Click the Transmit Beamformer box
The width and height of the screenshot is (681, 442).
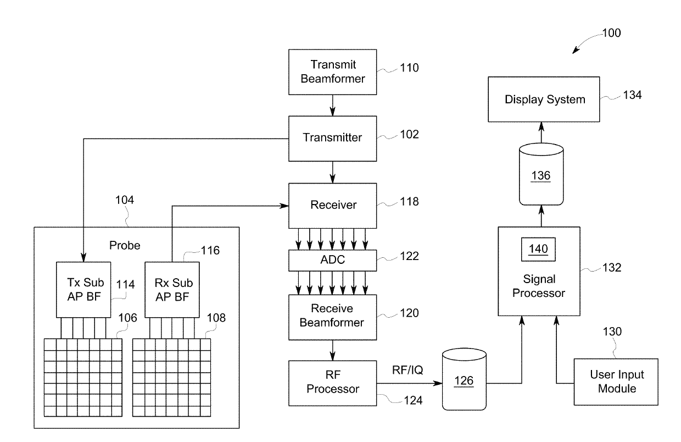tap(333, 71)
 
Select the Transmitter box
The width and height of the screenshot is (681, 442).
tap(333, 137)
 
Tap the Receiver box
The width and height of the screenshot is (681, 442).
tap(333, 205)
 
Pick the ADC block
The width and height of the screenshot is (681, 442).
tap(333, 260)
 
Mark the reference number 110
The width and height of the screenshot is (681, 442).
tap(409, 68)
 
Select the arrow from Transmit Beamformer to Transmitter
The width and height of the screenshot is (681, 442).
tap(333, 104)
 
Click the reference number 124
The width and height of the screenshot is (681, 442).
tap(412, 401)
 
